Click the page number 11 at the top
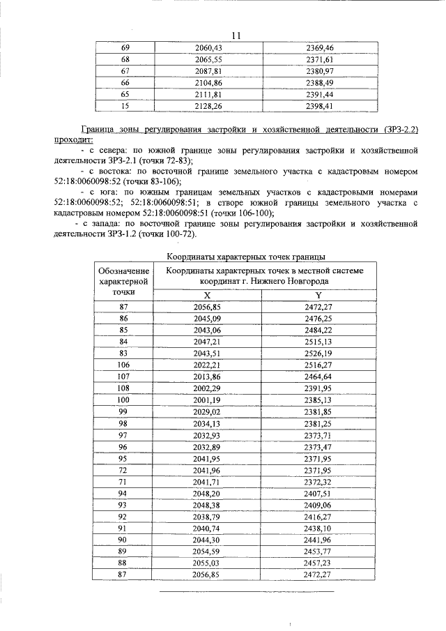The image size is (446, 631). pyautogui.click(x=235, y=36)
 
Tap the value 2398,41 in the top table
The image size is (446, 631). pyautogui.click(x=321, y=106)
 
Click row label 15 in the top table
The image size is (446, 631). pyautogui.click(x=125, y=106)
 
